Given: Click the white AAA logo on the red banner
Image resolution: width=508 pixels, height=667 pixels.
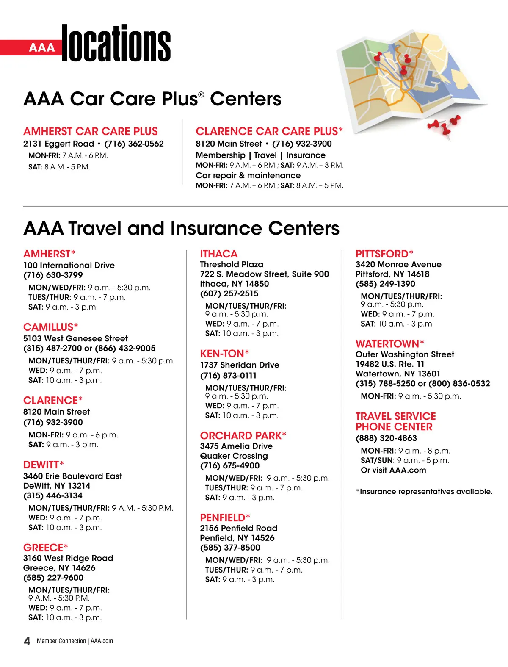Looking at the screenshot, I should pos(42,47).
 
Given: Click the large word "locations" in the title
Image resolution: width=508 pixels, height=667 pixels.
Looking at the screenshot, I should pos(116,43).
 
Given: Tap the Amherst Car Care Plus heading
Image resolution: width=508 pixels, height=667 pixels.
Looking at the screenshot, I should pos(91,131).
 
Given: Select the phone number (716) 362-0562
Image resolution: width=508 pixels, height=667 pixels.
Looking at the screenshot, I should pos(134,144).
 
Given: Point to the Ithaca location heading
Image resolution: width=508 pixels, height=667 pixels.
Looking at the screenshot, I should pos(219,254).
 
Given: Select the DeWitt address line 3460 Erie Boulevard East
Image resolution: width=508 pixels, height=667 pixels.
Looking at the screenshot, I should pos(72,476).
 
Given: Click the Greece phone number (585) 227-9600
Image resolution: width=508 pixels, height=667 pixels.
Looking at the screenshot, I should pos(53,578).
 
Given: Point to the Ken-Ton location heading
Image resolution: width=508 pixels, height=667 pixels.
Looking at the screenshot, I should pos(224,354).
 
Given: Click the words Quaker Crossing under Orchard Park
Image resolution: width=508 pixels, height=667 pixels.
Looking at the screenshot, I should pos(234,456).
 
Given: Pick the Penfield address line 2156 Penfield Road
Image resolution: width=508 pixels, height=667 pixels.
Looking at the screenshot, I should pos(238,528).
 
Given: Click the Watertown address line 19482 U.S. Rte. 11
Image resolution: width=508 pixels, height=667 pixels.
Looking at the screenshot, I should pos(390,364).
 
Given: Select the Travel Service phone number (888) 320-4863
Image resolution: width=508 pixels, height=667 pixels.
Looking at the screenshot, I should pos(386,438).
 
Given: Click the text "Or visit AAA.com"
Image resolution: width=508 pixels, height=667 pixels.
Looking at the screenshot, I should pos(393,470).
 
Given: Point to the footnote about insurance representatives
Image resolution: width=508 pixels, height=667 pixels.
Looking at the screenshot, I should pos(424,492).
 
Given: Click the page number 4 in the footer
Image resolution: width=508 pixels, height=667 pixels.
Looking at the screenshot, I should pos(27,641).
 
